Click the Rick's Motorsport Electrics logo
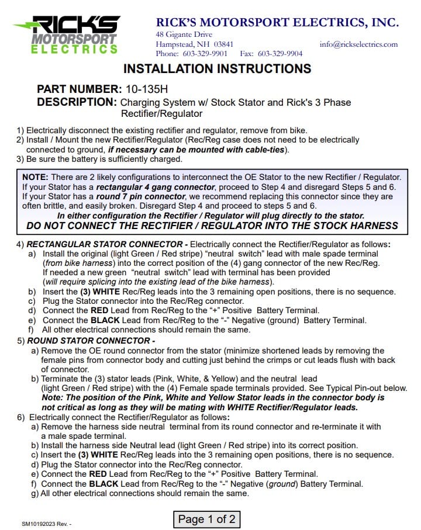coord(67,34)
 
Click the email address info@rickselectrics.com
coord(358,44)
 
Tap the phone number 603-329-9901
coord(203,54)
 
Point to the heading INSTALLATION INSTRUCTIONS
coord(217,69)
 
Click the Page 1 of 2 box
coord(207,518)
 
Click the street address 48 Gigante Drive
coord(180,34)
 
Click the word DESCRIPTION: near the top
coord(77,102)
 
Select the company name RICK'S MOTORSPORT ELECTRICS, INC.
coord(277,23)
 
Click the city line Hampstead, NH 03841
coord(194,44)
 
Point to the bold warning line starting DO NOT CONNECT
coord(212,226)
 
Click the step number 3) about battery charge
coord(20,159)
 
